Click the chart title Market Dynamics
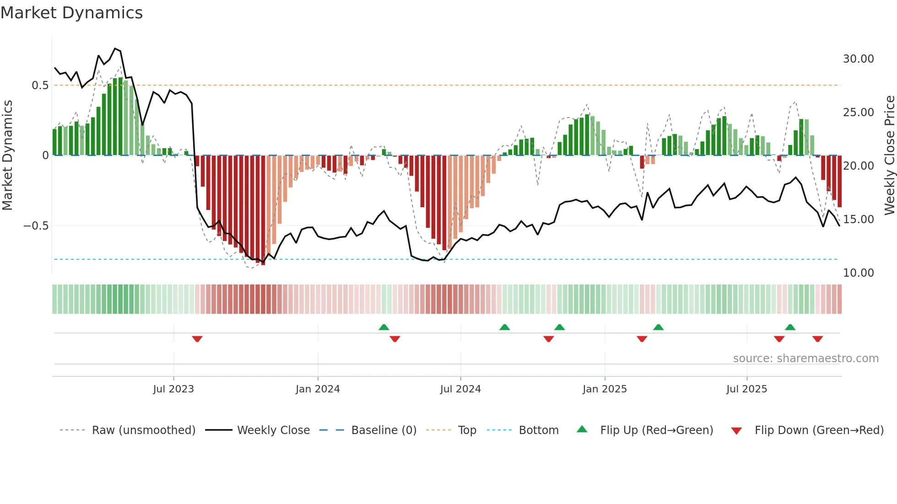tap(71, 13)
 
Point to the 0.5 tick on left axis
tap(40, 86)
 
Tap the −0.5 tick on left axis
tap(36, 226)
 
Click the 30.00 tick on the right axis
tap(858, 59)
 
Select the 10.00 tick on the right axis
tap(858, 273)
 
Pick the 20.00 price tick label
tap(858, 166)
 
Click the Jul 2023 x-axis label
tap(173, 389)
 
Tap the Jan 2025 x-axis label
tap(605, 389)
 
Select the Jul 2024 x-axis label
tap(460, 389)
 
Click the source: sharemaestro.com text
tap(805, 359)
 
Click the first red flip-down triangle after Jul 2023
tap(197, 339)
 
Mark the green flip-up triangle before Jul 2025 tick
tap(658, 327)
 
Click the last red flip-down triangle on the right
tap(817, 339)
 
